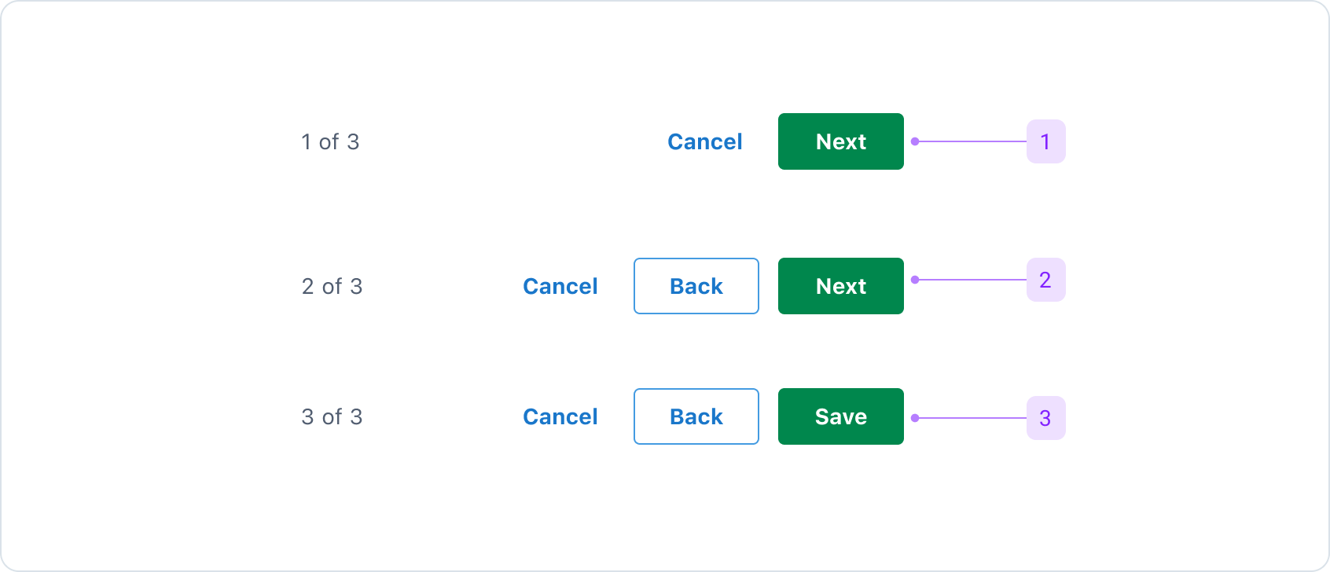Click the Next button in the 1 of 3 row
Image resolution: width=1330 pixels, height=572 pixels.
pos(840,141)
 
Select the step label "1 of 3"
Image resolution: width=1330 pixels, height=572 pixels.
pos(330,141)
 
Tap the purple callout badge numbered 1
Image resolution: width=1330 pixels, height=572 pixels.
pos(1045,141)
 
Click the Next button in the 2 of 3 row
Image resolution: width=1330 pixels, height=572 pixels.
pos(840,286)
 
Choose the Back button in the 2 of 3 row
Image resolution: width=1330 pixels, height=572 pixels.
pos(696,286)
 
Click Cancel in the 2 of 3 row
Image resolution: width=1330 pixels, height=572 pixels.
pos(560,286)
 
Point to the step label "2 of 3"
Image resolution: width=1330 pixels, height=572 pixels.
pos(332,286)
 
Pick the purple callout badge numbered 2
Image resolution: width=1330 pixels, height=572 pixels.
pos(1045,280)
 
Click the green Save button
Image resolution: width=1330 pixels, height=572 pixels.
pos(840,416)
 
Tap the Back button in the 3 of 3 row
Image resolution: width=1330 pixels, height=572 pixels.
pos(696,416)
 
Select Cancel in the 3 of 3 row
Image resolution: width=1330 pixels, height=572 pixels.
pos(560,416)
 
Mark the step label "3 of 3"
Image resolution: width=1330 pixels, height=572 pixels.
pos(332,416)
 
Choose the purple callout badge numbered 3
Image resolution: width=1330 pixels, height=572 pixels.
pos(1045,418)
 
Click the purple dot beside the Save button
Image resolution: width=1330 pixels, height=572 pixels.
pos(915,418)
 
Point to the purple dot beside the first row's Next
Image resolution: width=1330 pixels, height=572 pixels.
pos(915,141)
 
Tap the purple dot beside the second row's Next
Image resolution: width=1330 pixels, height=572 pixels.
pos(915,280)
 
